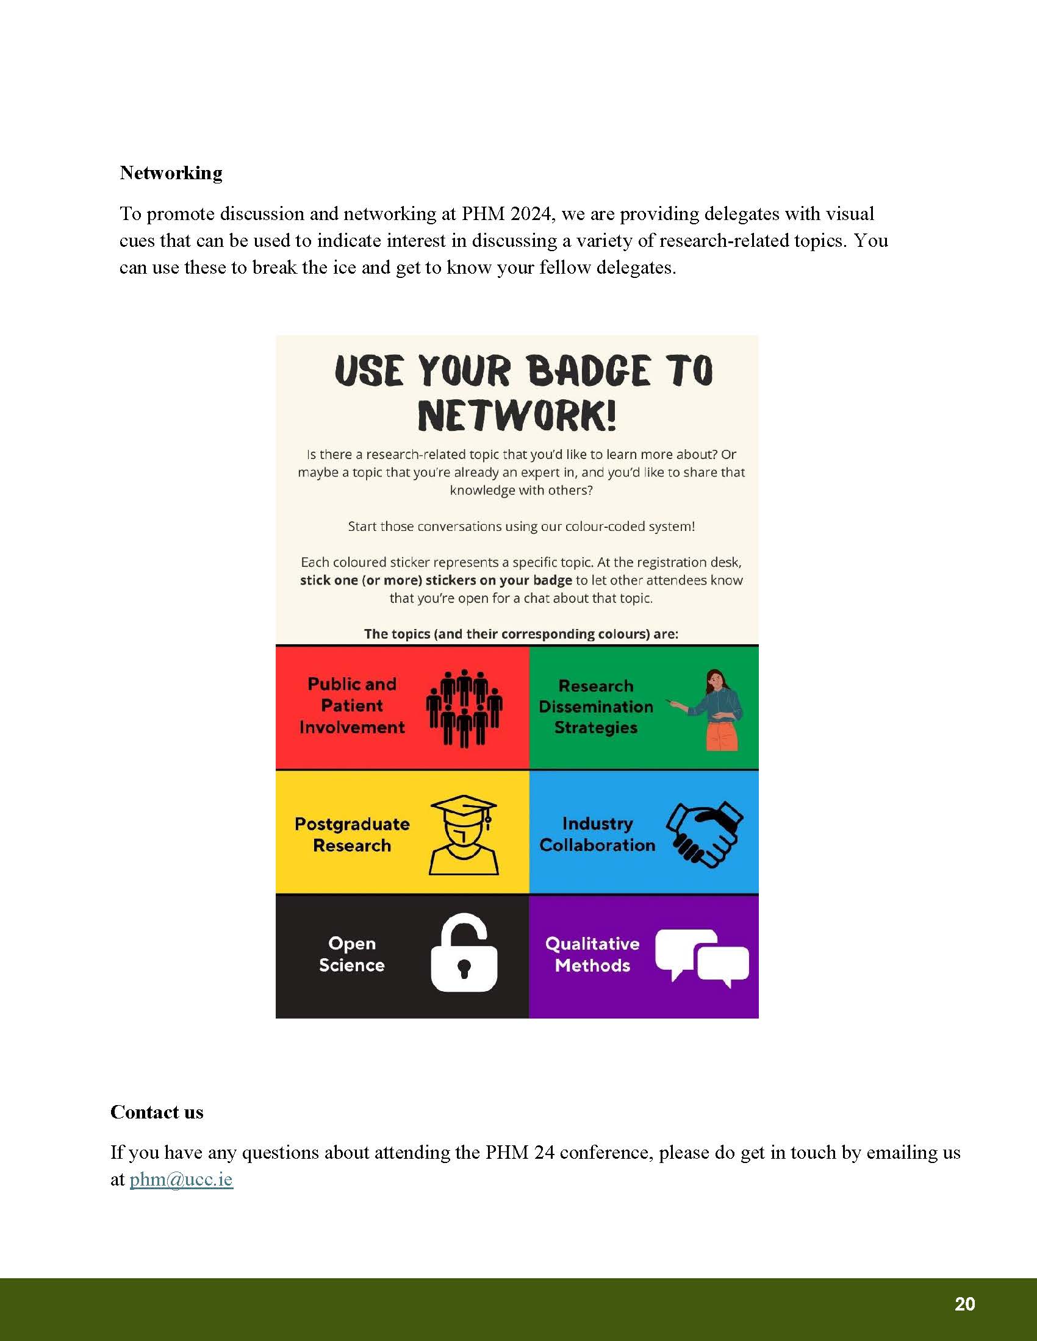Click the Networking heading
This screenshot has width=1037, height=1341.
(171, 173)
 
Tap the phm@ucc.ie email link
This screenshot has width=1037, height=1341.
(181, 1179)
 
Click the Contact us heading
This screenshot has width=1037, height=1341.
(157, 1112)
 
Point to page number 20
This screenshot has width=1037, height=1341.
(964, 1304)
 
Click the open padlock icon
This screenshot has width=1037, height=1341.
(464, 952)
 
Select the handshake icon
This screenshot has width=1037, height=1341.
(705, 834)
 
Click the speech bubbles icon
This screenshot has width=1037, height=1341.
(701, 955)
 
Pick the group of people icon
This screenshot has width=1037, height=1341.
(464, 707)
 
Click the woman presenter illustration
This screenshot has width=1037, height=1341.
(716, 709)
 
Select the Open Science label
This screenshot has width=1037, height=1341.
(351, 954)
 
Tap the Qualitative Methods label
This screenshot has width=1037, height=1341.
(592, 954)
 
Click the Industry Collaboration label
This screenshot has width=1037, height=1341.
(597, 834)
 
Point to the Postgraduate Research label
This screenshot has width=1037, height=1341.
(352, 834)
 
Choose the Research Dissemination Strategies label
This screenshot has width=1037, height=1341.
(596, 706)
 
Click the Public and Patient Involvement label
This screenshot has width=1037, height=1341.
(352, 705)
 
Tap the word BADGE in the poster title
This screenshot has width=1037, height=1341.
(588, 371)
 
